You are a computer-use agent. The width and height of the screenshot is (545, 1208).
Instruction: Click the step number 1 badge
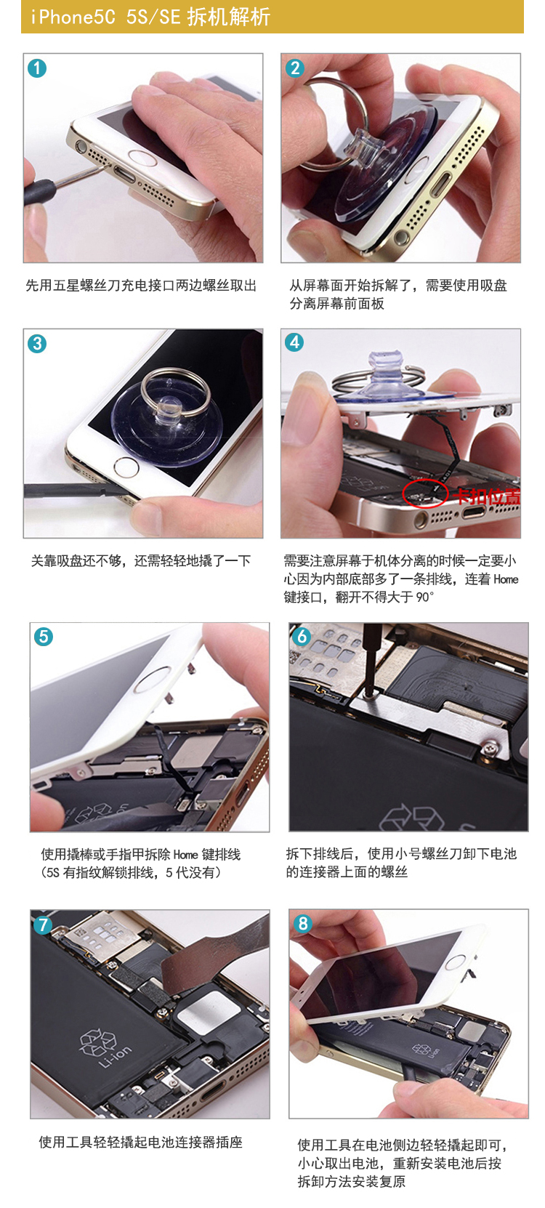coord(37,68)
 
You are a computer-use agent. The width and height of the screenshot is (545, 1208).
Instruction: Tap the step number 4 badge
coord(294,342)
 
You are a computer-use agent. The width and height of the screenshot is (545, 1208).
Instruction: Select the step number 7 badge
coord(43,925)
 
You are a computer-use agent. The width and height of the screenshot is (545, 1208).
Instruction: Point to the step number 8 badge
coord(303,924)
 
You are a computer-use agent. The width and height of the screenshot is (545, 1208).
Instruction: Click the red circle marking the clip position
coord(425,492)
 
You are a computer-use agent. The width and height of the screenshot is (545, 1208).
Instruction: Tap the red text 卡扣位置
coord(485,496)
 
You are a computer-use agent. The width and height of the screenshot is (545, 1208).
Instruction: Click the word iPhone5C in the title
coord(73,17)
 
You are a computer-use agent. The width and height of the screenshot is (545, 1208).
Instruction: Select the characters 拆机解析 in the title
coord(229,17)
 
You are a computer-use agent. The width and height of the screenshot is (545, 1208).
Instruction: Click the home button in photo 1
coord(142,158)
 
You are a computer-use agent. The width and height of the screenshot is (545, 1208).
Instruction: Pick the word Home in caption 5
coord(185,854)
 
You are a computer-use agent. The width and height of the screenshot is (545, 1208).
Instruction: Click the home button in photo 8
coord(456,961)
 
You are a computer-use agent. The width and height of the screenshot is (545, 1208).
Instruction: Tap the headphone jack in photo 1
coord(82,145)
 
